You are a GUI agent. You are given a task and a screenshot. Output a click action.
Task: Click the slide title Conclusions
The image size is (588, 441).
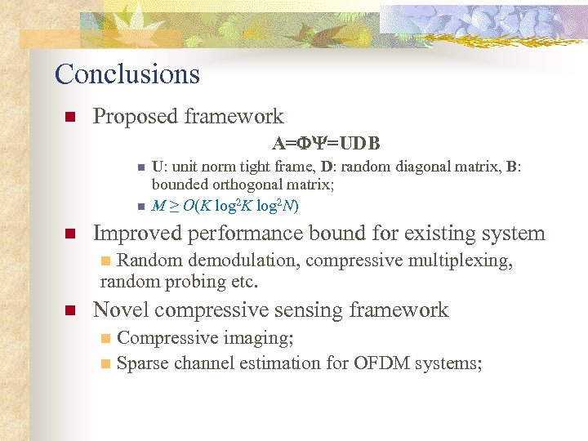click(x=127, y=74)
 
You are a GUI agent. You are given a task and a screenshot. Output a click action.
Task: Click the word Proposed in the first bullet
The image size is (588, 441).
click(x=131, y=117)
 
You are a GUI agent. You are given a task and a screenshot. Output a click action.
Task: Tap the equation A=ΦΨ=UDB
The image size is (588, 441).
click(x=327, y=144)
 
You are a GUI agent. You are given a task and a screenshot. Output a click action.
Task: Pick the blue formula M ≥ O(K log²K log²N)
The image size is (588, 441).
click(x=225, y=205)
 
